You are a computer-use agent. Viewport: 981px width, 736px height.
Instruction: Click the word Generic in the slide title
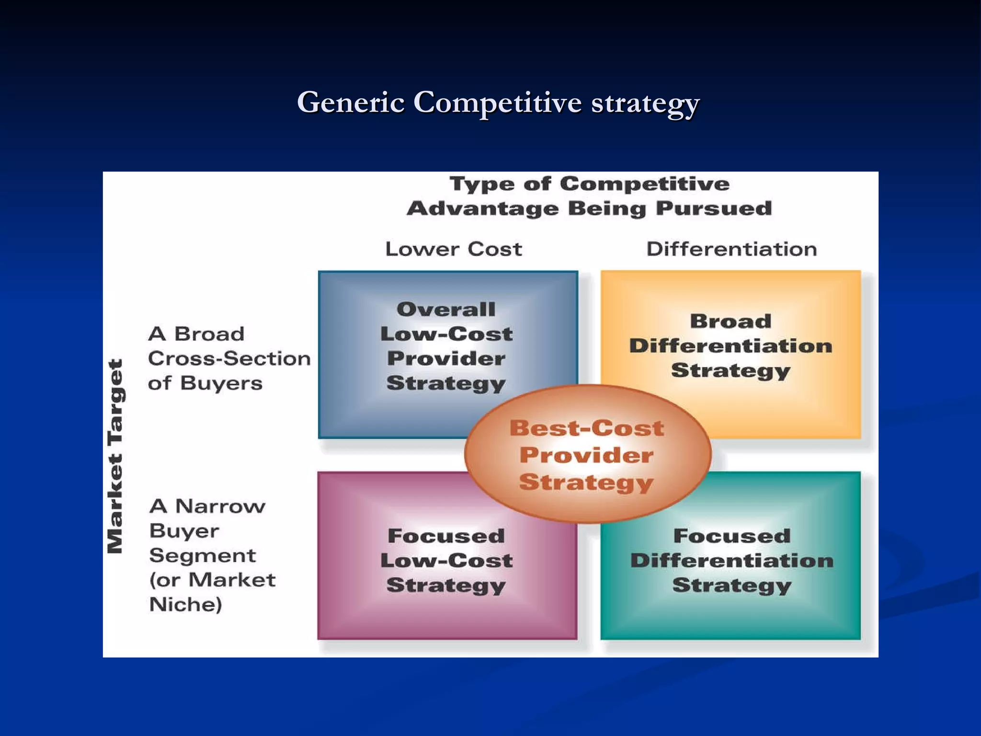tap(351, 103)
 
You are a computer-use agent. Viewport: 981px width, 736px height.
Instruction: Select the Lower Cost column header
tap(453, 249)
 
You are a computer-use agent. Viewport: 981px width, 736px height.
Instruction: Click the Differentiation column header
tap(731, 249)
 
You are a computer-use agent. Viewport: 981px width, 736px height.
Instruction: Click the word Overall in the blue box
tap(446, 309)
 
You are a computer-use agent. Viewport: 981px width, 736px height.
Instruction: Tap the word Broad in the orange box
tap(730, 321)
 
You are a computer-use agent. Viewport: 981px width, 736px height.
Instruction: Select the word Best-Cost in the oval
tap(587, 428)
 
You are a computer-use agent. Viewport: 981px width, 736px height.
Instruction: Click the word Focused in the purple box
tap(446, 536)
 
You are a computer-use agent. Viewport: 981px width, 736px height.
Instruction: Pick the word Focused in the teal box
tap(731, 536)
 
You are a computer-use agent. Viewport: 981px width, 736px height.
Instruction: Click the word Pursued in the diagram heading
tap(714, 208)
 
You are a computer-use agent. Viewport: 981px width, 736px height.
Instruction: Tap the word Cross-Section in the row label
tap(229, 358)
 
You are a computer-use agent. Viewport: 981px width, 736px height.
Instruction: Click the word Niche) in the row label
tap(186, 605)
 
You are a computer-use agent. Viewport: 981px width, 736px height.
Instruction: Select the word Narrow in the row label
tap(220, 506)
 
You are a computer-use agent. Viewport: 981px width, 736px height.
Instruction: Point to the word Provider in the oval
tap(587, 455)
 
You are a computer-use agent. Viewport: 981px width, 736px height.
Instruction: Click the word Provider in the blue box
tap(446, 358)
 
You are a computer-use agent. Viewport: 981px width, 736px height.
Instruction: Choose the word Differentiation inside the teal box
tap(731, 561)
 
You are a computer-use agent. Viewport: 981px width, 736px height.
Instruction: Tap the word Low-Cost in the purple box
tap(446, 561)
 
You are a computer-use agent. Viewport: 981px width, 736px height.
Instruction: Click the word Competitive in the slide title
tap(497, 103)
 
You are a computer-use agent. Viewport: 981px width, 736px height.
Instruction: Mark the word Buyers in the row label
tap(221, 383)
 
